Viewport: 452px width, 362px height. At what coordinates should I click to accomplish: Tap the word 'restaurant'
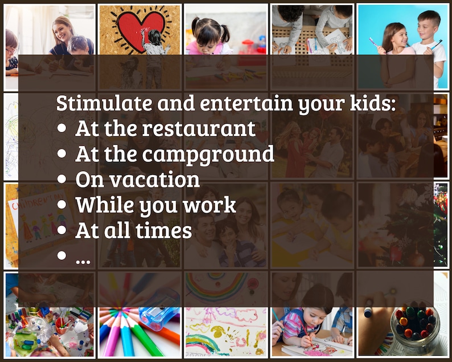pyautogui.click(x=199, y=129)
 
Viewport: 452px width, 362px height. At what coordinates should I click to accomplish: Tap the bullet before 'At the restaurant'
pyautogui.click(x=63, y=129)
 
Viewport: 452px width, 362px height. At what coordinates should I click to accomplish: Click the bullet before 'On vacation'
pyautogui.click(x=63, y=180)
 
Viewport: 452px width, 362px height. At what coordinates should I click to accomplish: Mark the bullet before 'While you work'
pyautogui.click(x=63, y=205)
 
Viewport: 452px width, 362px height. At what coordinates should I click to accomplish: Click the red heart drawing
pyautogui.click(x=139, y=25)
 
